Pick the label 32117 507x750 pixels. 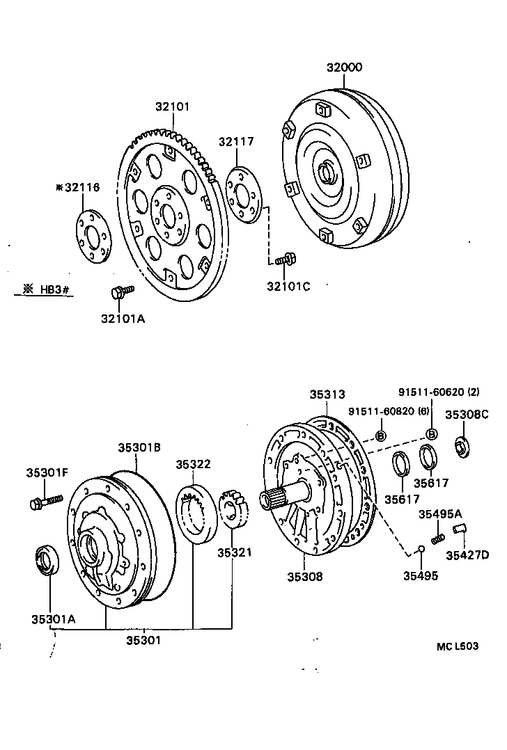[236, 141]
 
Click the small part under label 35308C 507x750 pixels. [462, 446]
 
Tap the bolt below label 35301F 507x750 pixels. [46, 502]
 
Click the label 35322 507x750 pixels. [193, 464]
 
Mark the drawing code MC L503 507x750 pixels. [458, 646]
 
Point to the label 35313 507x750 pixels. [327, 394]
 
